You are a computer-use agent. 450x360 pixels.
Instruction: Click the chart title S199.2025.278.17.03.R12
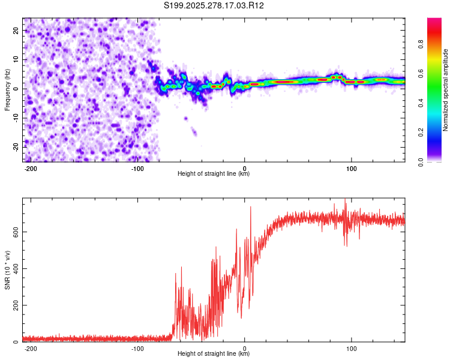[x=214, y=5]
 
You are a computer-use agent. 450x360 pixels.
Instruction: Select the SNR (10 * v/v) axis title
[x=8, y=270]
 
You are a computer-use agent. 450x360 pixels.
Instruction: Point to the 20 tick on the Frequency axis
[x=16, y=30]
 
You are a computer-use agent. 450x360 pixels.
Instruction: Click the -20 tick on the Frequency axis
[x=14, y=146]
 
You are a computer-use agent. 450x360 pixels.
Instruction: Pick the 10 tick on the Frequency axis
[x=16, y=59]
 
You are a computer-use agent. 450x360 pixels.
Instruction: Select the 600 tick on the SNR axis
[x=13, y=231]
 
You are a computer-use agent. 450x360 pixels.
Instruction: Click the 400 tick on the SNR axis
[x=13, y=268]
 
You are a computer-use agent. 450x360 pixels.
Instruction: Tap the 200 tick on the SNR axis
[x=13, y=305]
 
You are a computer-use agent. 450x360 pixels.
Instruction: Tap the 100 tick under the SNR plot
[x=352, y=348]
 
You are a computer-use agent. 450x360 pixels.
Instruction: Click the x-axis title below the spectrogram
[x=214, y=174]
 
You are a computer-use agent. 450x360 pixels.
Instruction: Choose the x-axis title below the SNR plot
[x=214, y=354]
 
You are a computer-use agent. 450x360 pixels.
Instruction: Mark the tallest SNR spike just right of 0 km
[x=251, y=208]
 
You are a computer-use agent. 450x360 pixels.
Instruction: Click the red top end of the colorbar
[x=434, y=21]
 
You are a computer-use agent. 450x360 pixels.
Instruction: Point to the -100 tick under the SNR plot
[x=137, y=348]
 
